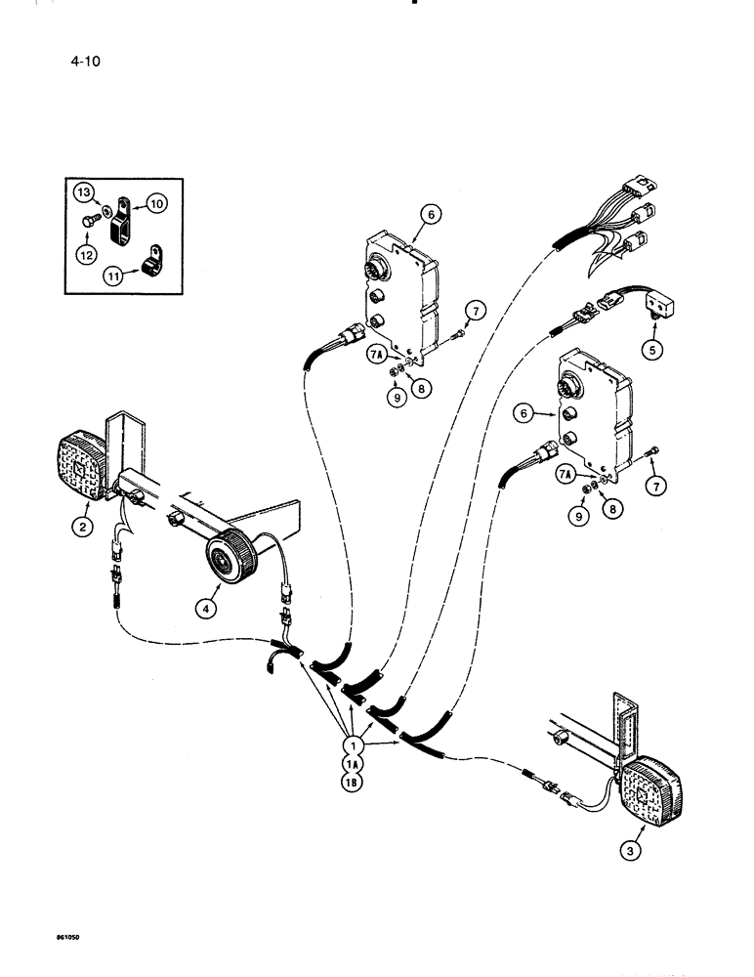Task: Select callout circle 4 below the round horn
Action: pos(206,607)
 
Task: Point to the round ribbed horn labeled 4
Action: pos(229,561)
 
